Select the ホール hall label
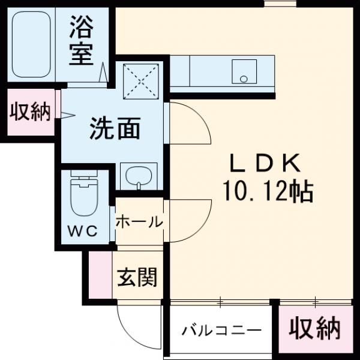coord(139,222)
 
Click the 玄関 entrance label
coord(137,277)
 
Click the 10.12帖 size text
coord(267,191)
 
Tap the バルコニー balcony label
coord(222,330)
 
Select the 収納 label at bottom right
coord(314,328)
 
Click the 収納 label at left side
coord(29,112)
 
